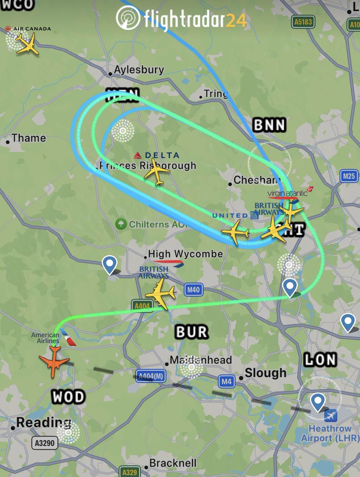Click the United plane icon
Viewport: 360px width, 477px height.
click(x=235, y=232)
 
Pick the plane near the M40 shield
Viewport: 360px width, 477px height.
click(x=161, y=294)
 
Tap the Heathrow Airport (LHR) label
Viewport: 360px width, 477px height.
click(x=330, y=433)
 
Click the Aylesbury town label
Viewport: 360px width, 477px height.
click(x=139, y=70)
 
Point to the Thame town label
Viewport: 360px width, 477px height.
click(x=28, y=138)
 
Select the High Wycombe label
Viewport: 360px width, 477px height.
click(x=185, y=254)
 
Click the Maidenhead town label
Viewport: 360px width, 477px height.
click(x=200, y=360)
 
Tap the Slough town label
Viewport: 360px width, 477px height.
click(x=265, y=373)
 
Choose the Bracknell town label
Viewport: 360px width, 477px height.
click(x=173, y=463)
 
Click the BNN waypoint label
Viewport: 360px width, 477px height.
click(x=269, y=126)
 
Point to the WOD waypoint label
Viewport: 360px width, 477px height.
click(x=68, y=397)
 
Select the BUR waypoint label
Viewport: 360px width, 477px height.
click(x=192, y=332)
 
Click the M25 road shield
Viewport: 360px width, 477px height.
click(x=348, y=176)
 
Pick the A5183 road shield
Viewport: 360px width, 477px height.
click(x=303, y=22)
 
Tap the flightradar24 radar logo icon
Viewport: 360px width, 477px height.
click(x=128, y=18)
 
